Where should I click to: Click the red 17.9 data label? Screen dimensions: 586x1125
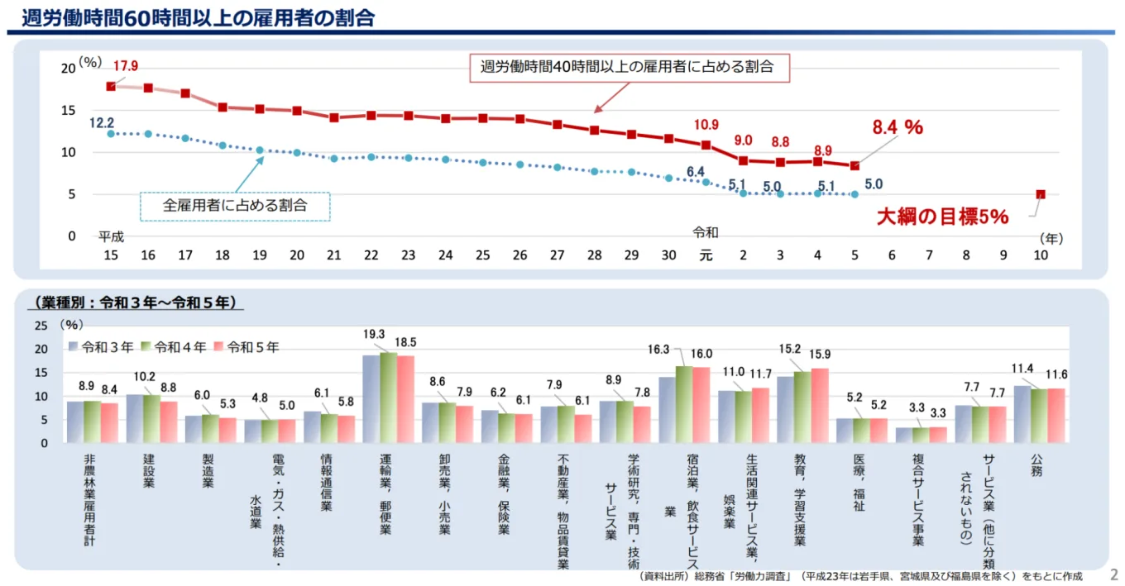[x=126, y=66]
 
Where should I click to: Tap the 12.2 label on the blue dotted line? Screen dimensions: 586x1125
[x=103, y=122]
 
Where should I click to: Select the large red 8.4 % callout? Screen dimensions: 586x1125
[x=898, y=127]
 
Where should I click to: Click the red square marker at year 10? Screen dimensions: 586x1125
[x=1041, y=195]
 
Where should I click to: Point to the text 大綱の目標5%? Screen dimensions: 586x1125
[x=942, y=217]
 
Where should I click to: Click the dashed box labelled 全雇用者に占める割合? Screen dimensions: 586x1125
[x=235, y=206]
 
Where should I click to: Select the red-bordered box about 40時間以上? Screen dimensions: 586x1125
[x=627, y=68]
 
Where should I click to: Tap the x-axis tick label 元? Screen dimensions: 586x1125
[x=706, y=255]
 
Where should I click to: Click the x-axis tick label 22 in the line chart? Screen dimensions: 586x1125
[x=371, y=255]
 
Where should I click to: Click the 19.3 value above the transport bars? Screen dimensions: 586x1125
[x=375, y=335]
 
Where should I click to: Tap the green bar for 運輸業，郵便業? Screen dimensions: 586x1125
[x=388, y=398]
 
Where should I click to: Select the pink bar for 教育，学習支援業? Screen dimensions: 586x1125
[x=819, y=405]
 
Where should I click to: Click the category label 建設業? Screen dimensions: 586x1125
[x=150, y=470]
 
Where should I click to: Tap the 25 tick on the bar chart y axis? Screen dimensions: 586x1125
[x=41, y=326]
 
